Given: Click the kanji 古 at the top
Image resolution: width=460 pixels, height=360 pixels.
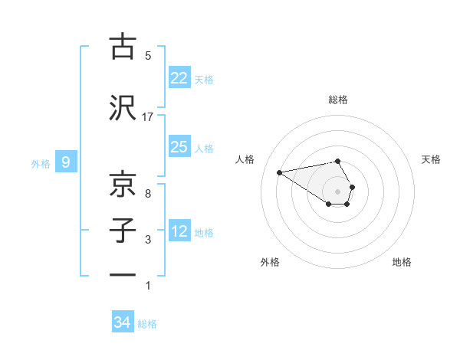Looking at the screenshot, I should pos(122,46).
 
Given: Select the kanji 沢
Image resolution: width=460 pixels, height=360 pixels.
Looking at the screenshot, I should pos(122,107).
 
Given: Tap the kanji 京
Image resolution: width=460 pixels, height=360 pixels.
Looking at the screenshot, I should pos(122,184).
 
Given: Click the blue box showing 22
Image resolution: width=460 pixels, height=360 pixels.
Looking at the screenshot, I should pos(179,78).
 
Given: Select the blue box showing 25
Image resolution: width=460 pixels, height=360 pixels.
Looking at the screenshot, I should pos(179,147).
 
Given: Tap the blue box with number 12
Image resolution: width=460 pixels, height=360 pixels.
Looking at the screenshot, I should pos(179,231).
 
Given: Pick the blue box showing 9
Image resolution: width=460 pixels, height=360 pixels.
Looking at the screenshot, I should pos(66,162).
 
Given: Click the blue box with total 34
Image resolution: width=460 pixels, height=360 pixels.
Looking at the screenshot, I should pos(123,323).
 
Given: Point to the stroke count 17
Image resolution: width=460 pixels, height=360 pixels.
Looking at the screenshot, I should pos(148,116).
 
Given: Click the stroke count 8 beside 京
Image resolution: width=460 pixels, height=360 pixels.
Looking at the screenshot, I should pos(148,194).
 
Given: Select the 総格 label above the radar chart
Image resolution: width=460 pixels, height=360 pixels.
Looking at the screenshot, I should pos(338,100).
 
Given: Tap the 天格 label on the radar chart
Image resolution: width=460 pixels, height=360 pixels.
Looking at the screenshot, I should pos(432,159).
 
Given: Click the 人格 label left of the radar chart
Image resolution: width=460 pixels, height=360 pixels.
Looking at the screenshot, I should pos(245,159).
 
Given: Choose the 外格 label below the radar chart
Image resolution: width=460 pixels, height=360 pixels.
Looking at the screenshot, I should pos(270,262).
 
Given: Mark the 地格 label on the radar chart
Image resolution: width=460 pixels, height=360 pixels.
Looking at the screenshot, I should pos(402,262).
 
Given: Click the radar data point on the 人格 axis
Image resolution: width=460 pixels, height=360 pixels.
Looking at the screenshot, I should pos(279,172).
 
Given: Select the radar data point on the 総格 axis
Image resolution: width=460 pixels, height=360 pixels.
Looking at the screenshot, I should pos(338,161).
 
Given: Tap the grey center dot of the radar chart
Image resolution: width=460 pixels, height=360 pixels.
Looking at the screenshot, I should pos(338,190).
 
